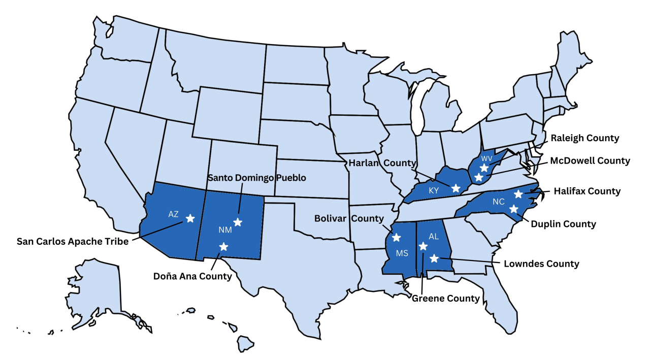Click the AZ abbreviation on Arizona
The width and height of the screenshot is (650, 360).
[x=173, y=214]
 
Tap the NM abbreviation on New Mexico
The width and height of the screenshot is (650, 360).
[x=225, y=230]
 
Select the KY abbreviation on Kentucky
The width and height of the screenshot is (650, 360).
[x=433, y=190]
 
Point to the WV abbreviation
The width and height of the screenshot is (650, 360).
[x=486, y=158]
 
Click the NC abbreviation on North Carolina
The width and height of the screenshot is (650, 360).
[x=498, y=202]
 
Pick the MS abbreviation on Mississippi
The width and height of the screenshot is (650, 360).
[x=402, y=253]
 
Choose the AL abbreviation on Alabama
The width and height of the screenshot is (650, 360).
[x=433, y=236]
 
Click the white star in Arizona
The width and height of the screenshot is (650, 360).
[x=190, y=218]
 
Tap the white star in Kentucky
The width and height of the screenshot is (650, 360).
[x=456, y=188]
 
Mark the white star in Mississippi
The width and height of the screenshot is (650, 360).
[x=397, y=237]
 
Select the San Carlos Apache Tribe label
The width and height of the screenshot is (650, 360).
[x=73, y=241]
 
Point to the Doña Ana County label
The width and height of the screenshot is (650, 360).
[x=192, y=276]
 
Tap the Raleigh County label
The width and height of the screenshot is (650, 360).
[x=585, y=138]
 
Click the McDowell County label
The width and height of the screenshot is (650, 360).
[x=590, y=160]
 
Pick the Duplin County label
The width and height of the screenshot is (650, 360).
[x=564, y=223]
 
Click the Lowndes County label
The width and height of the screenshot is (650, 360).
[x=541, y=264]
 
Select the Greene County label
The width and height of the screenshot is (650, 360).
[x=445, y=298]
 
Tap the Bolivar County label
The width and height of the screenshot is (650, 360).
[x=349, y=218]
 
